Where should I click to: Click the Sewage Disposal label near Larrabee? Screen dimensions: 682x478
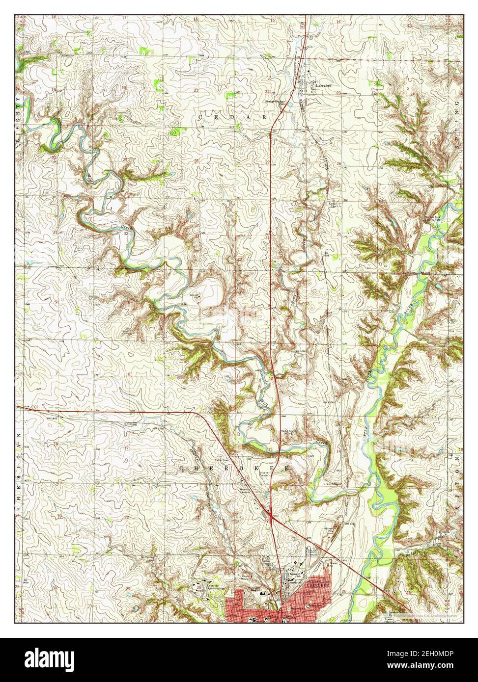[x=276, y=102]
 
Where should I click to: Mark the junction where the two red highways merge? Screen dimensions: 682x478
[x=271, y=514]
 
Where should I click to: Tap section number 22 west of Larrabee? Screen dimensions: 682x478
[x=268, y=92]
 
